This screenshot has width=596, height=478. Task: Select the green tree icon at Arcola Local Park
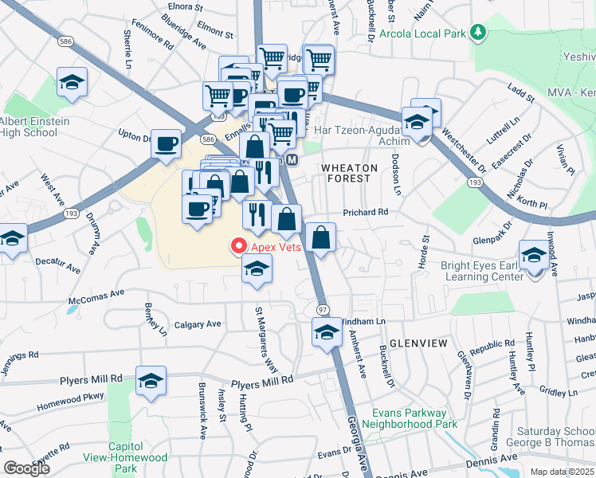478,33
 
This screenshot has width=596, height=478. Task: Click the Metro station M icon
292,160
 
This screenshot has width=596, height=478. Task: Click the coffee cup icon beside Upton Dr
166,143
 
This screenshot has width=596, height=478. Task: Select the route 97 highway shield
322,309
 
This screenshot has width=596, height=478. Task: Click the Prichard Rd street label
365,213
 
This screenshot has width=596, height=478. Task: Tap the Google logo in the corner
26,468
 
